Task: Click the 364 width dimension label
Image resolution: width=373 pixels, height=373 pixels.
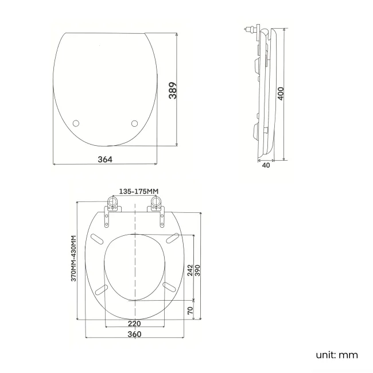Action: (x=105, y=159)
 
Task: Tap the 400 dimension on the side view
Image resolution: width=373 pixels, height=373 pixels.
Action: (x=281, y=93)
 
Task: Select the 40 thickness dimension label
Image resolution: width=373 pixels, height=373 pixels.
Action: (x=266, y=165)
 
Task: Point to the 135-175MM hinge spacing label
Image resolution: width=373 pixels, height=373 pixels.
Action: (x=138, y=191)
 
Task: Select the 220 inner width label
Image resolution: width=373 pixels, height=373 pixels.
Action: (x=134, y=323)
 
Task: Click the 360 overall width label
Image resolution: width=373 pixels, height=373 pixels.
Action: (x=134, y=334)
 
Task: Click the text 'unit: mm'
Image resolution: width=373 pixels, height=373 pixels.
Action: (x=336, y=355)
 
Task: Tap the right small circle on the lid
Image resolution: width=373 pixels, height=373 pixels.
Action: (x=135, y=123)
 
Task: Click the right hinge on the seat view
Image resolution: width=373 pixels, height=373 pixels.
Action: (x=157, y=205)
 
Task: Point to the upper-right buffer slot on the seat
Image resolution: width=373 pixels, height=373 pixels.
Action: (x=171, y=238)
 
